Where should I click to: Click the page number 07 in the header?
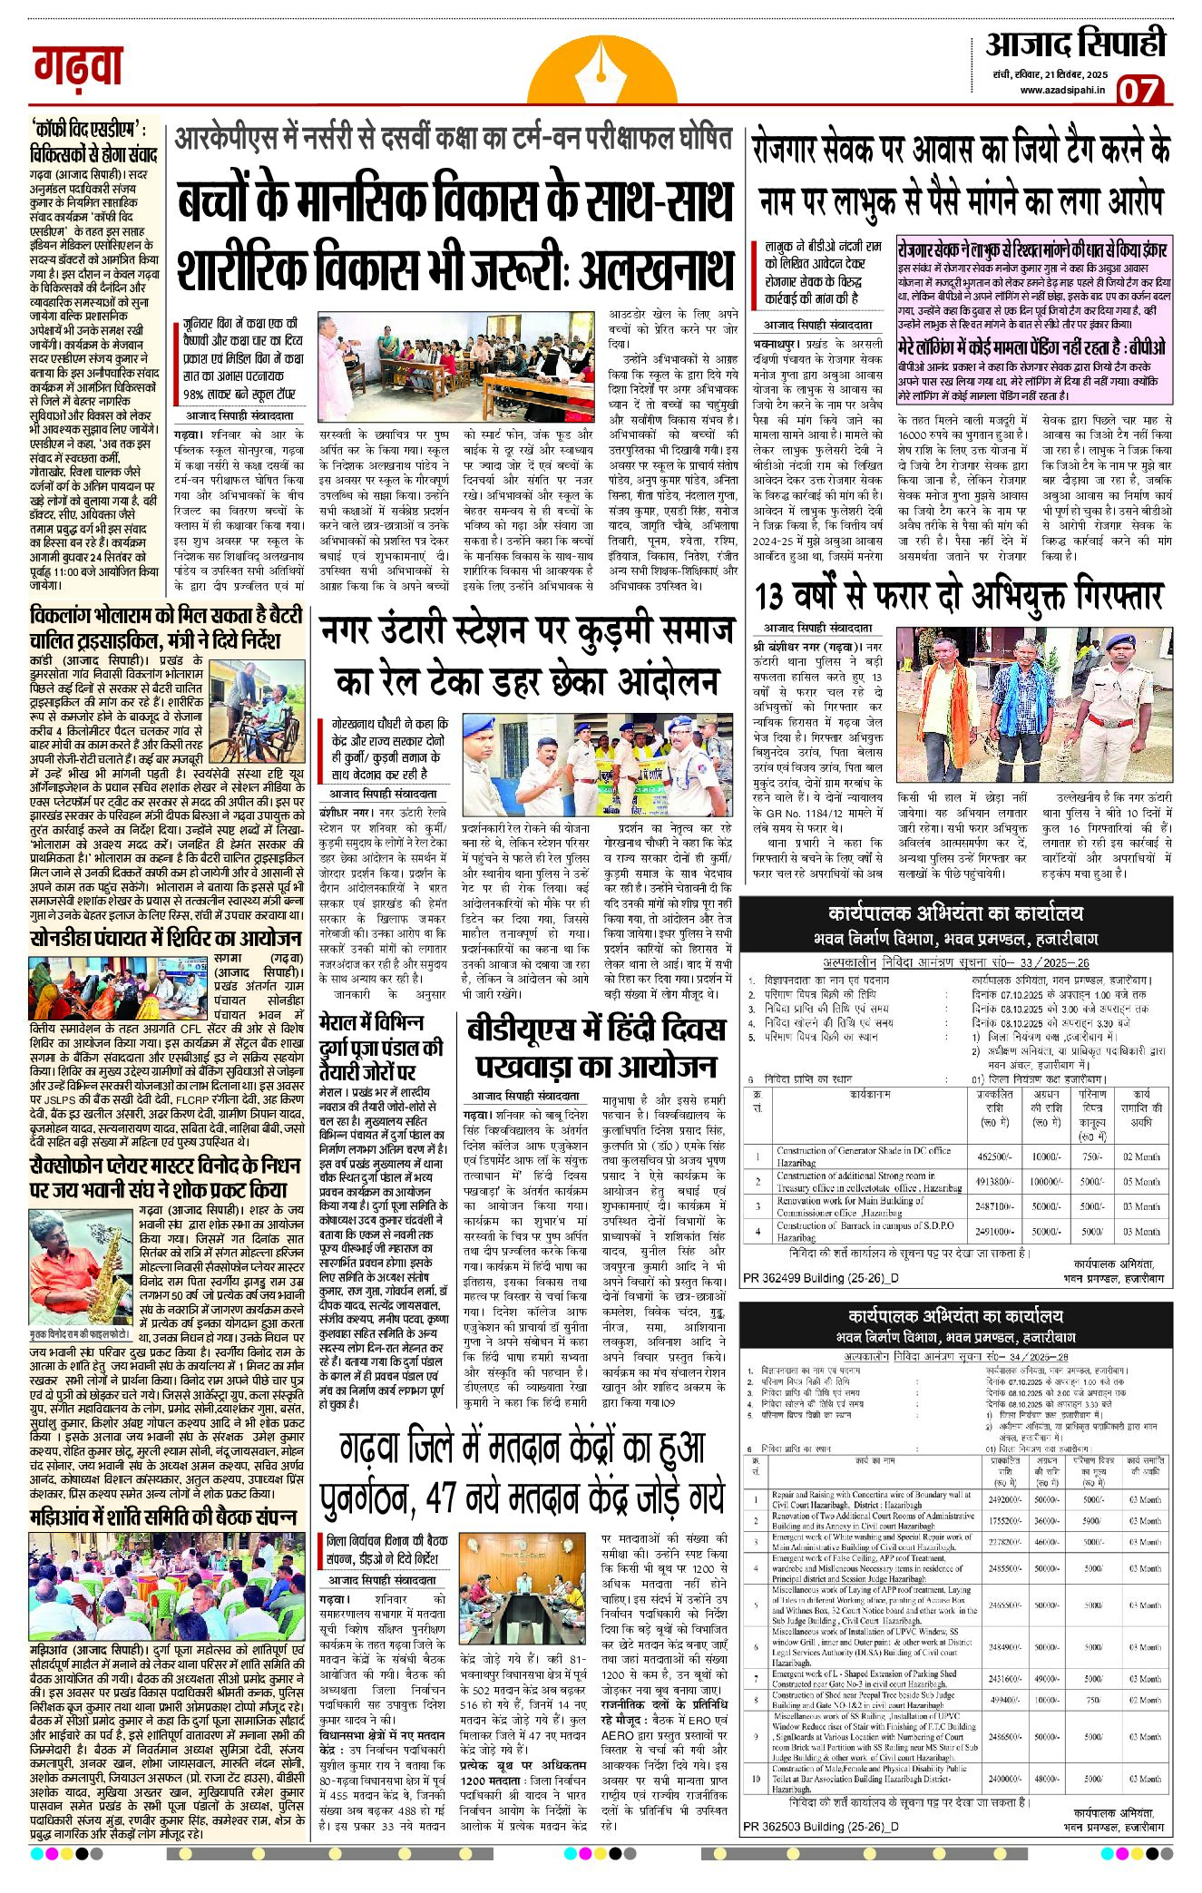point(1138,91)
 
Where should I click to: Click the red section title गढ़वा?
point(78,66)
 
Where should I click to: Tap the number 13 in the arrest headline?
point(768,598)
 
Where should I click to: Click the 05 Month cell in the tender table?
point(1141,1182)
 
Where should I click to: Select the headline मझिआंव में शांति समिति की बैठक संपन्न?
point(163,1517)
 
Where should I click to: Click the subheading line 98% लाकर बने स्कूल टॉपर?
point(239,395)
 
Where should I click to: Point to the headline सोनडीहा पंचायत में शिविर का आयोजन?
point(165,938)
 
